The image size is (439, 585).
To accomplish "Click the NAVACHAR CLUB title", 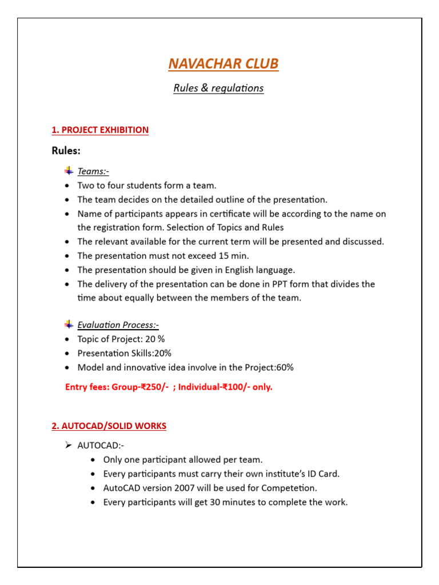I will (x=224, y=63).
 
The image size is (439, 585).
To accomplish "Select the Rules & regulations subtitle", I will (x=218, y=89).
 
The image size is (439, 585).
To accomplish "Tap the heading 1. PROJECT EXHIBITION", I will (x=100, y=130).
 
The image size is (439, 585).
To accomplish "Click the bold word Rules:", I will (x=66, y=151).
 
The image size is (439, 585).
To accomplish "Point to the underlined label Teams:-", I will (x=93, y=171).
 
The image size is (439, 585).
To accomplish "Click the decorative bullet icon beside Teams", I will (x=69, y=170).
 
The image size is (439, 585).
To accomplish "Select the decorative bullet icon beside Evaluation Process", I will (x=69, y=324).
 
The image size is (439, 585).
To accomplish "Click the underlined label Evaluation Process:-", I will (x=118, y=325).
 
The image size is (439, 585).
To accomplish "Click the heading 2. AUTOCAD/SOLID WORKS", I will (x=109, y=426).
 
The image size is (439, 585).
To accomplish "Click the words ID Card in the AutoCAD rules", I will (x=324, y=474).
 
